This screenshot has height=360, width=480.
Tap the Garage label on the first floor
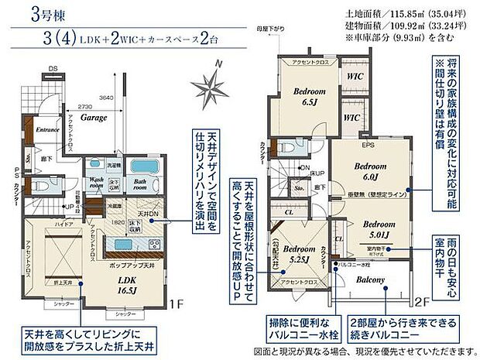94,118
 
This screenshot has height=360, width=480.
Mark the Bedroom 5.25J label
298,254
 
